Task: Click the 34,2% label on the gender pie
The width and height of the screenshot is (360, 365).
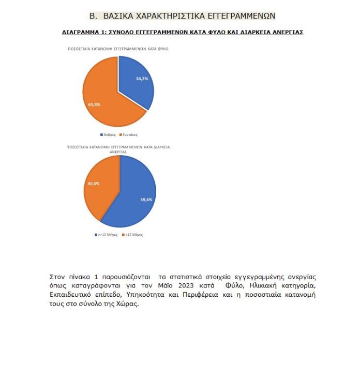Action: (x=142, y=79)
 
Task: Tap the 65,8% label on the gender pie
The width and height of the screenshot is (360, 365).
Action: (x=94, y=104)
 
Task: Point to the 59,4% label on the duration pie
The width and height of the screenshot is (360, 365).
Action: (x=145, y=200)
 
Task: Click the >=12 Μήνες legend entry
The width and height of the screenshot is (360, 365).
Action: (x=106, y=234)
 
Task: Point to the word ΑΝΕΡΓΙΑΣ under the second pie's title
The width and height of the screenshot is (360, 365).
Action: (x=118, y=151)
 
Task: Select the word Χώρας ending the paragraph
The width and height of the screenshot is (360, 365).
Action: (x=127, y=303)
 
